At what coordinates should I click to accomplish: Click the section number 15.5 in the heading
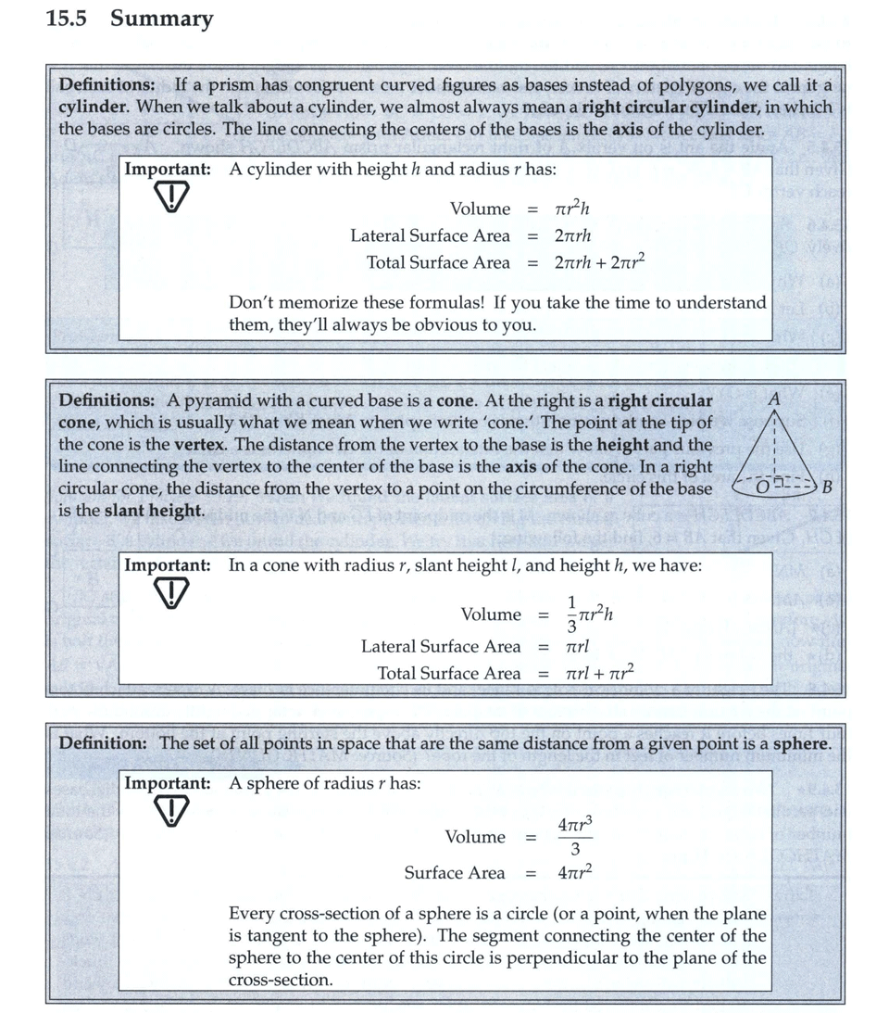[66, 19]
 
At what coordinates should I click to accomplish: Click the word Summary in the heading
[162, 19]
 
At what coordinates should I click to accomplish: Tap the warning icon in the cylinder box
[171, 196]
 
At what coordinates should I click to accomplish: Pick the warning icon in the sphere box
[171, 811]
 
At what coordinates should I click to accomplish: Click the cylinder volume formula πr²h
[572, 209]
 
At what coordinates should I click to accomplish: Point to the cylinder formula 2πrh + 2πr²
[599, 262]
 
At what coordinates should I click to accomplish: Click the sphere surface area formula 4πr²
[574, 873]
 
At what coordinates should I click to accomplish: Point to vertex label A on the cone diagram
[774, 399]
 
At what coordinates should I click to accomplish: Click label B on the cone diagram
[827, 487]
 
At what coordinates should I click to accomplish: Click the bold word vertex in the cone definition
[200, 444]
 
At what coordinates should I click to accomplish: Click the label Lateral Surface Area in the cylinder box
[430, 235]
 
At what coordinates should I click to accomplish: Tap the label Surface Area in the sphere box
[455, 873]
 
